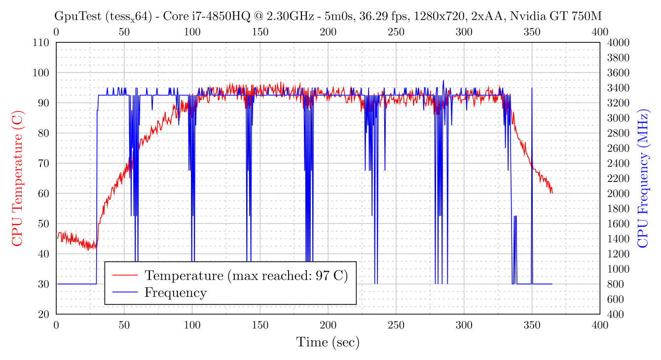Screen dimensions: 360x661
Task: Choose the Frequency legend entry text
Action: (x=175, y=292)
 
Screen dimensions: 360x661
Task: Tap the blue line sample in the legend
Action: (x=125, y=292)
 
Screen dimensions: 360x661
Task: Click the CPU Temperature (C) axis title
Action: (x=17, y=178)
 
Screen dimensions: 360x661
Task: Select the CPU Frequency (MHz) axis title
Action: (x=643, y=178)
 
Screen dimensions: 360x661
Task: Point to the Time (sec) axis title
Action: (x=328, y=342)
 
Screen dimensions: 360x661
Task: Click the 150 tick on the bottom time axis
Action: (x=260, y=324)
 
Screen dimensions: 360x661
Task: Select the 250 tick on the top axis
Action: (x=396, y=32)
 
